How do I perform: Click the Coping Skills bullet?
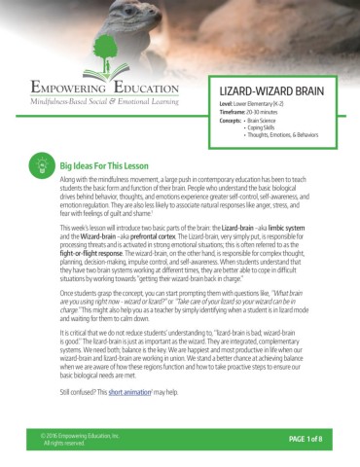pyautogui.click(x=268, y=126)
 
